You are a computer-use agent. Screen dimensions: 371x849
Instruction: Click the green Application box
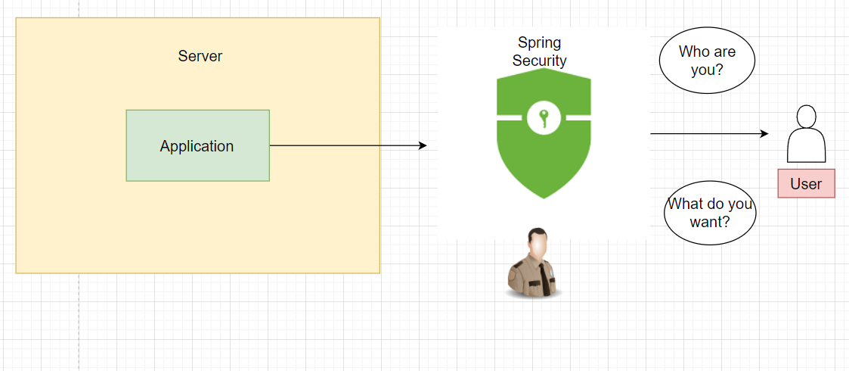click(197, 145)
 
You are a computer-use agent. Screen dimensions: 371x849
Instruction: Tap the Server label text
click(200, 56)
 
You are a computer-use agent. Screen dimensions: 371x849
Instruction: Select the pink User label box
click(806, 183)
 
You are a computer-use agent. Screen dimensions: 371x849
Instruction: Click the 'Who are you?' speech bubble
click(707, 61)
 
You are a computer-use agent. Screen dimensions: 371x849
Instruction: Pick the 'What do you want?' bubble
click(710, 212)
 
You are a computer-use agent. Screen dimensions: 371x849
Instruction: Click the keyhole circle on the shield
click(543, 118)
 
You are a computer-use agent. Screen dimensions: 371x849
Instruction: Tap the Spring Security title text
click(539, 51)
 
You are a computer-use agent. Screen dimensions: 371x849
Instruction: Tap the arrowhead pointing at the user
click(764, 134)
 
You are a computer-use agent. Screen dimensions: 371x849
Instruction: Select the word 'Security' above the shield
click(539, 61)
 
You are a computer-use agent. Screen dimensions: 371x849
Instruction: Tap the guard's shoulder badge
click(516, 274)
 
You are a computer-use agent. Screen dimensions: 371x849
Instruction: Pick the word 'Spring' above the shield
click(539, 42)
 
